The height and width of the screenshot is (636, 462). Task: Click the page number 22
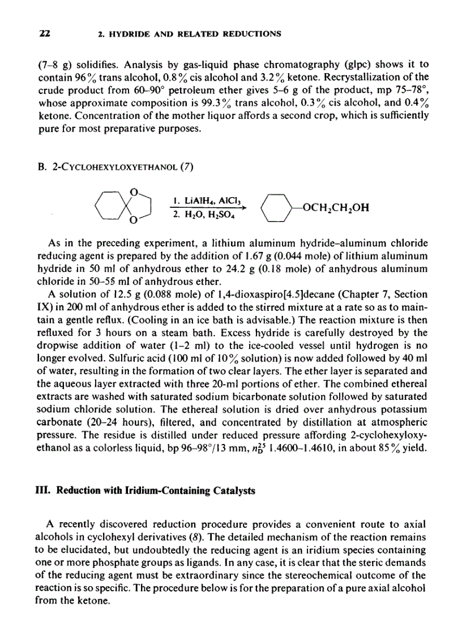tap(44, 33)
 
